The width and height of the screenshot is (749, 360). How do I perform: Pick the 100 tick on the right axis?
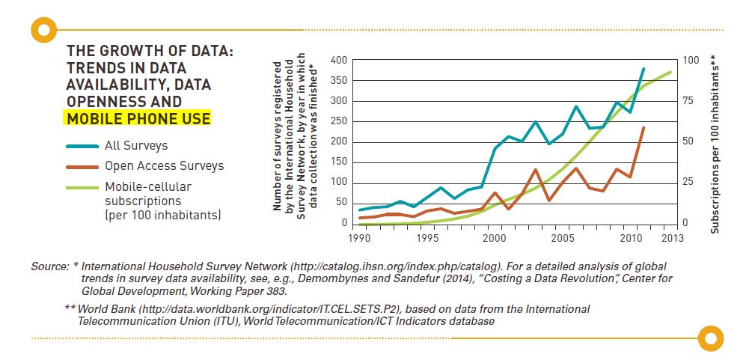coord(690,61)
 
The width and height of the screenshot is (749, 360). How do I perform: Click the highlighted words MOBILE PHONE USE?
coord(138,119)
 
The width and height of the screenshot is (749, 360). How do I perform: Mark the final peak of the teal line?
coord(643,69)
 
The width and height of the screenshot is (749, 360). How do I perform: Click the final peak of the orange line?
coord(643,128)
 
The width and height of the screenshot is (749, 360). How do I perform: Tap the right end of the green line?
coord(670,73)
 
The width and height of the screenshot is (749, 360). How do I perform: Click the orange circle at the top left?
coord(45,30)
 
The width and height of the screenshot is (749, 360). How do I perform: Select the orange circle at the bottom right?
coord(711,338)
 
